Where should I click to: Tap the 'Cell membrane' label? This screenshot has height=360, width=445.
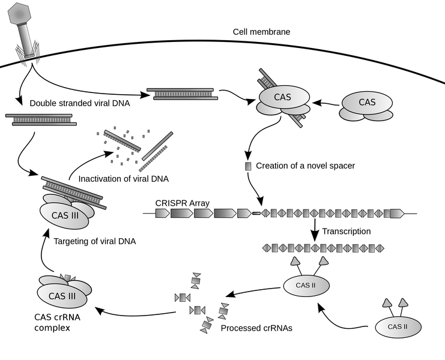click(x=261, y=31)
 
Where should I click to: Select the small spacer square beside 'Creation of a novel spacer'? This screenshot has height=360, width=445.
click(x=247, y=166)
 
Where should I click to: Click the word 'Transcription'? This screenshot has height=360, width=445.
click(x=346, y=231)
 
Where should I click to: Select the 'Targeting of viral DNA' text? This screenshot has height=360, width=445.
click(x=95, y=241)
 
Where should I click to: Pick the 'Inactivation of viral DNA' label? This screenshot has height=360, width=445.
click(x=124, y=178)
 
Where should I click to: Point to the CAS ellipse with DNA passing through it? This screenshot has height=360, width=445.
click(x=283, y=97)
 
